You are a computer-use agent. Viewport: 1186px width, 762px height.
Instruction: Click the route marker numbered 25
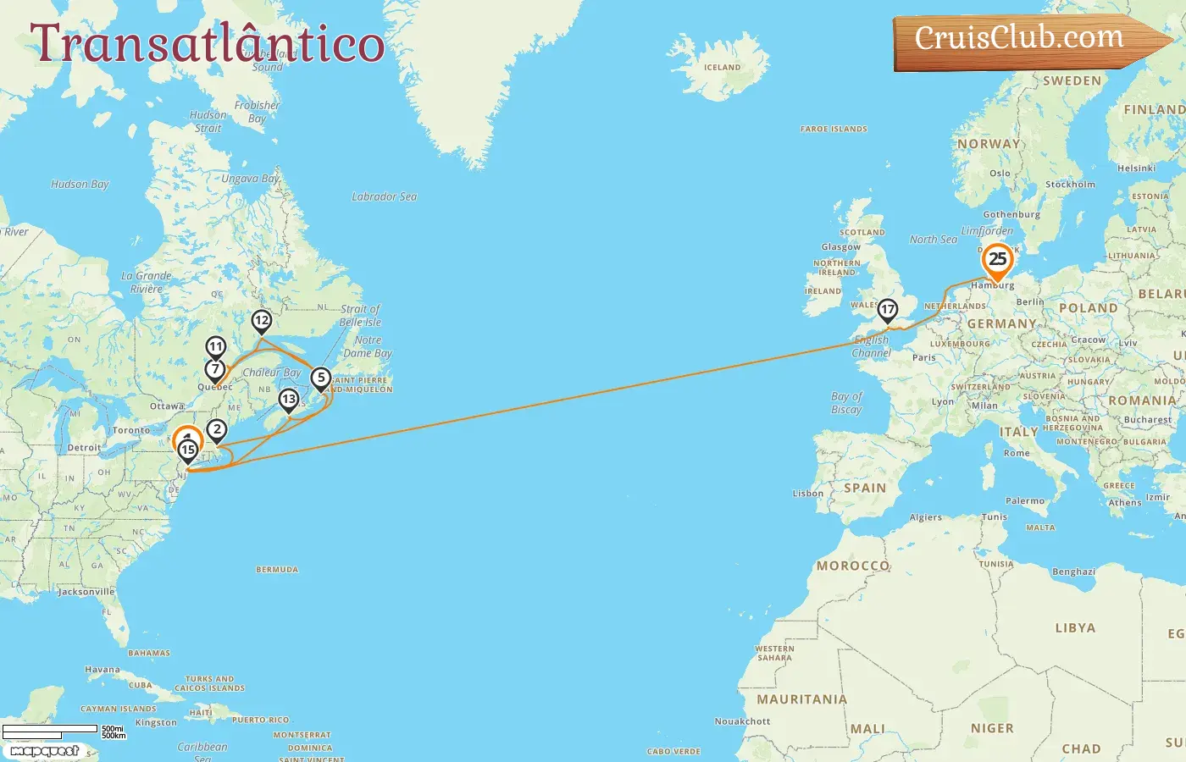[997, 260]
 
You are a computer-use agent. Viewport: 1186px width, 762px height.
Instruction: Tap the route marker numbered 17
[887, 310]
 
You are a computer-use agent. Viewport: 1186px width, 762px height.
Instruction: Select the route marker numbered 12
[262, 321]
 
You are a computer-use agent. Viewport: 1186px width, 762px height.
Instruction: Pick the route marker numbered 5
[321, 378]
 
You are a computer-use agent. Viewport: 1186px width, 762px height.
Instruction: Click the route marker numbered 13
[289, 400]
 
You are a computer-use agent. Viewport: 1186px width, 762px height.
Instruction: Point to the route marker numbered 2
[217, 430]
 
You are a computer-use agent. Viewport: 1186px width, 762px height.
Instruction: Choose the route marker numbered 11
[216, 347]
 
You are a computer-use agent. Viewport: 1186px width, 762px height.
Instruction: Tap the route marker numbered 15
[188, 450]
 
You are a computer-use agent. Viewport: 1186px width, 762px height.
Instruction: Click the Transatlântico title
[208, 44]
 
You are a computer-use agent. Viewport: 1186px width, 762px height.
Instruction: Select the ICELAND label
[722, 68]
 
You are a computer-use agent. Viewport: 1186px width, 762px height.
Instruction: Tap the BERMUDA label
[277, 570]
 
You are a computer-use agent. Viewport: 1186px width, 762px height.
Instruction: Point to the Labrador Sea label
[384, 196]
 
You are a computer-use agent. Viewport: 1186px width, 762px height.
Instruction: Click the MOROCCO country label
[852, 566]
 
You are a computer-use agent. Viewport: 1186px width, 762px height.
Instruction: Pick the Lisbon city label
[807, 494]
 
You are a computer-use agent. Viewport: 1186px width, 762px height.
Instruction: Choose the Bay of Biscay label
[846, 403]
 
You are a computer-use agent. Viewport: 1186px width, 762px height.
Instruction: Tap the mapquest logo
[44, 751]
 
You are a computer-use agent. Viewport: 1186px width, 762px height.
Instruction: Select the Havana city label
[102, 670]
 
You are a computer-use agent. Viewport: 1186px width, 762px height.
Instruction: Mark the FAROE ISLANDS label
[834, 130]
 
